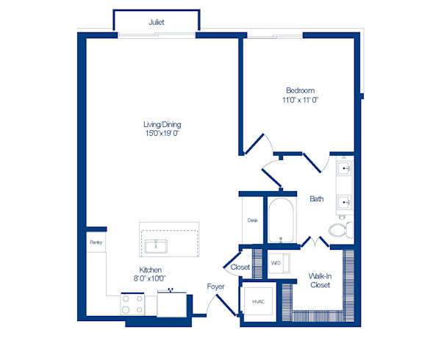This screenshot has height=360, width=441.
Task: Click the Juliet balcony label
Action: pyautogui.click(x=156, y=23)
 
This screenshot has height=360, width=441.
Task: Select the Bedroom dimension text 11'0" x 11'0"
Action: pyautogui.click(x=299, y=99)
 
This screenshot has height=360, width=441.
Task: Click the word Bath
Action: pyautogui.click(x=317, y=198)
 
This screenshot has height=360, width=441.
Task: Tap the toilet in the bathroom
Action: pyautogui.click(x=340, y=230)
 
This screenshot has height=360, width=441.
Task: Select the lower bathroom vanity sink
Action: pyautogui.click(x=343, y=201)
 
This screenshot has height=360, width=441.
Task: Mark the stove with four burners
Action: pyautogui.click(x=132, y=304)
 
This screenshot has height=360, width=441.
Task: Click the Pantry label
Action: pyautogui.click(x=96, y=242)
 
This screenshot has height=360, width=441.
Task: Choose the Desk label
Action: pyautogui.click(x=252, y=220)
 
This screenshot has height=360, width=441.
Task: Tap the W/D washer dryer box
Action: pyautogui.click(x=276, y=262)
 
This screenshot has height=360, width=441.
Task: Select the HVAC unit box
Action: pyautogui.click(x=258, y=300)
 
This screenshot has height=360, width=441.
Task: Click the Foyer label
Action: pyautogui.click(x=215, y=287)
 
